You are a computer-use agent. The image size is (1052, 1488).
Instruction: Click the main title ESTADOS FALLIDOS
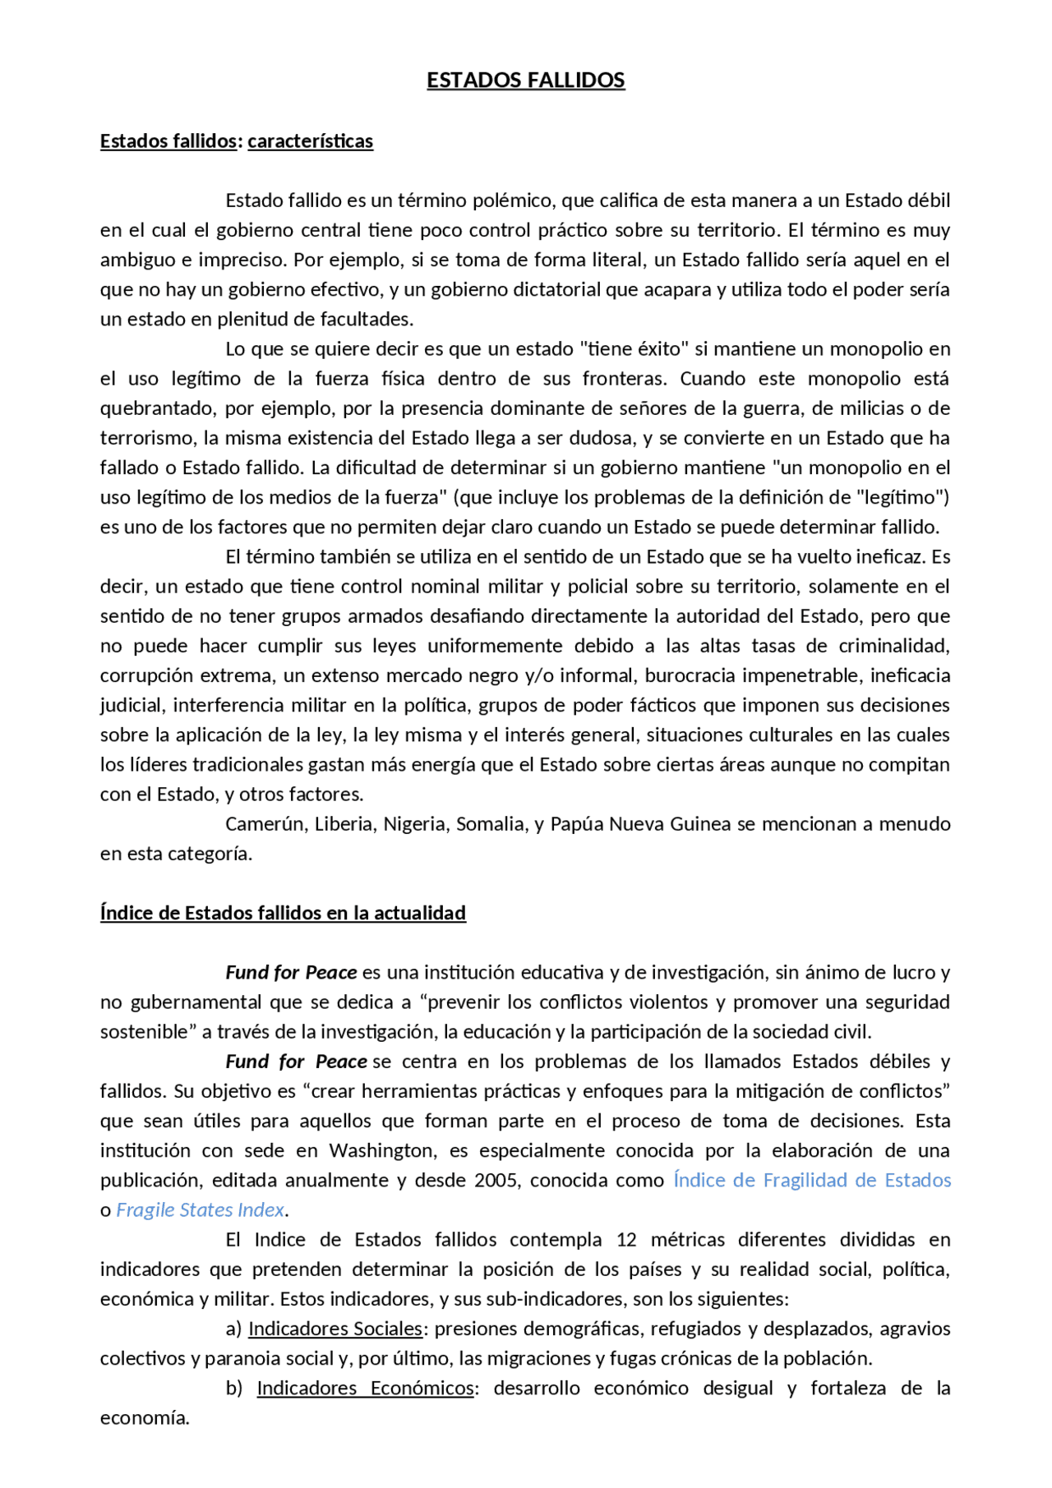click(x=525, y=81)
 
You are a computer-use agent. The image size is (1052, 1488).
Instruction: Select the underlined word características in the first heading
click(x=310, y=141)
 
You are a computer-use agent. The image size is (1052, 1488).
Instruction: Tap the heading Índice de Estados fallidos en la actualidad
click(x=283, y=913)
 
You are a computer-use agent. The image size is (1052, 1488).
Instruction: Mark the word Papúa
click(x=578, y=824)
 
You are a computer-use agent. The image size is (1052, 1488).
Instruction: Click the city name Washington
click(x=382, y=1150)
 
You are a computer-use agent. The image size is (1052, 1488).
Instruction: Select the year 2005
click(x=496, y=1180)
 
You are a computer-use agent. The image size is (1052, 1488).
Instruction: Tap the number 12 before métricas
click(x=626, y=1239)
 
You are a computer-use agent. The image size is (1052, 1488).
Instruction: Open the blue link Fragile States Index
click(x=200, y=1209)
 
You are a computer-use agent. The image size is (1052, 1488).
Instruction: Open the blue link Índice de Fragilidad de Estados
click(x=812, y=1180)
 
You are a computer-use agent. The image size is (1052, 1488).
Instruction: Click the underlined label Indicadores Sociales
click(x=335, y=1329)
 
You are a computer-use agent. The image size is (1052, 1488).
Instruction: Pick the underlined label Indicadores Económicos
click(x=366, y=1388)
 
